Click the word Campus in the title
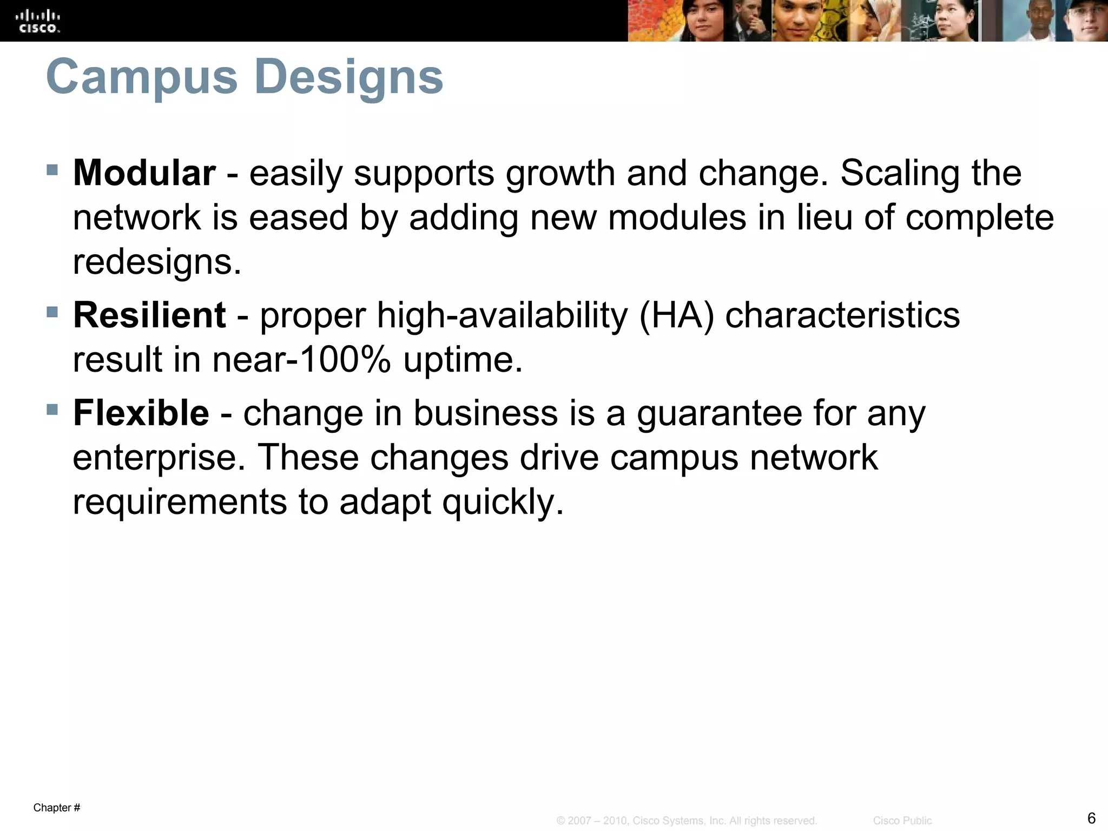coord(142,77)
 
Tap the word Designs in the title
coord(348,77)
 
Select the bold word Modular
coord(144,174)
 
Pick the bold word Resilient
coord(149,315)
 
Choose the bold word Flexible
coord(141,414)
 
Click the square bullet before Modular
coord(52,170)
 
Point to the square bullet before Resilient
coord(52,312)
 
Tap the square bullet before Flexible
coord(52,410)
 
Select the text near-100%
coord(301,360)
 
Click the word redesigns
coord(157,262)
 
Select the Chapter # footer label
coord(57,808)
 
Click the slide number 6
coord(1091,817)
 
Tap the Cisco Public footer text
coord(902,821)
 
